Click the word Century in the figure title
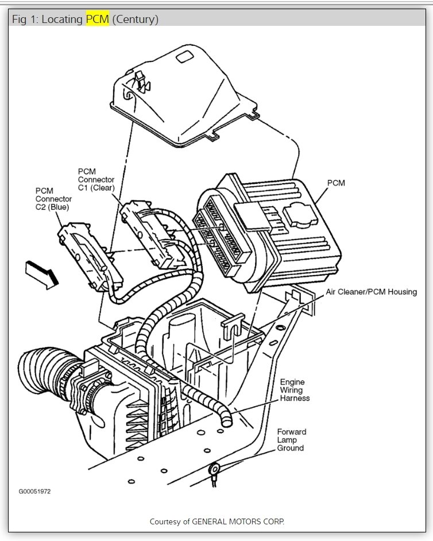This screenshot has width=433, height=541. point(135,19)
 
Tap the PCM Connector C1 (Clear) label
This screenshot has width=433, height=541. point(96,179)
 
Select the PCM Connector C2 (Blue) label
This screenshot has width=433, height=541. point(54,199)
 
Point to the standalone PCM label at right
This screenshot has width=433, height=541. point(336,183)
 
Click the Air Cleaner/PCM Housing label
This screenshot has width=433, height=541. point(371,292)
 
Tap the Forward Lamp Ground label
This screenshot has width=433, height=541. point(291,439)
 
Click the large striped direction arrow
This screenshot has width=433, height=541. point(42,273)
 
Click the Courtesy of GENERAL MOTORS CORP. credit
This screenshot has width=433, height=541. point(216,521)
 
